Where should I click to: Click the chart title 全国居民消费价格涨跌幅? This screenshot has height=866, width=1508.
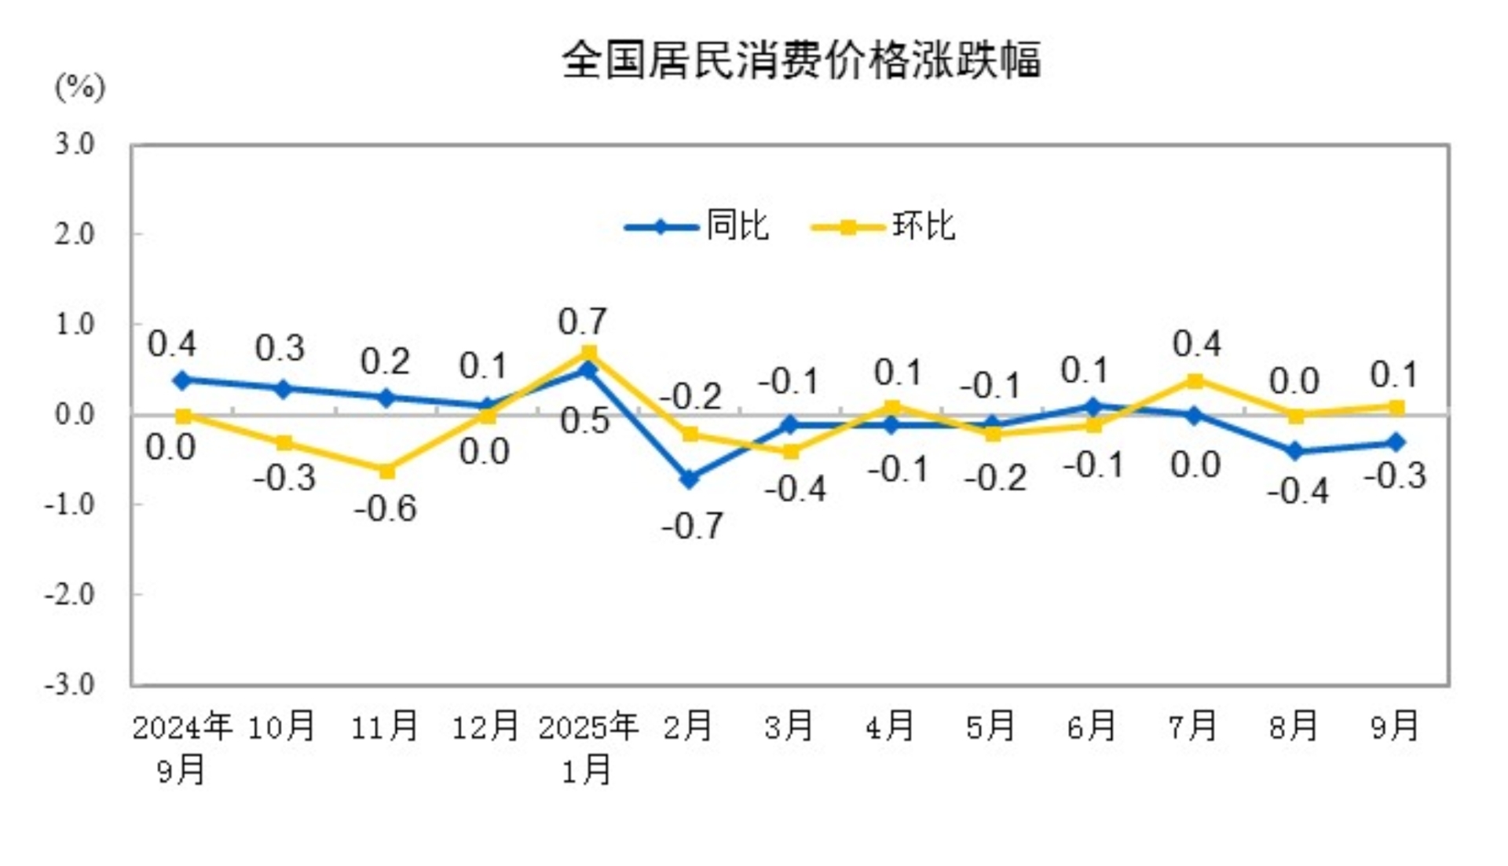pyautogui.click(x=801, y=60)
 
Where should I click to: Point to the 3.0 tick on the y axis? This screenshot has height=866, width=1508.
pyautogui.click(x=75, y=144)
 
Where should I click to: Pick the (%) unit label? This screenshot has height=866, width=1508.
pyautogui.click(x=79, y=86)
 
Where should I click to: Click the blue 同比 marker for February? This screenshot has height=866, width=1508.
pyautogui.click(x=690, y=479)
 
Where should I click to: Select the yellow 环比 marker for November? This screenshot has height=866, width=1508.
pyautogui.click(x=386, y=471)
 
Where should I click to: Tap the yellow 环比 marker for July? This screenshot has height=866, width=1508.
pyautogui.click(x=1195, y=381)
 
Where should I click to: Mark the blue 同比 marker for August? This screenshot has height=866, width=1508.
pyautogui.click(x=1296, y=451)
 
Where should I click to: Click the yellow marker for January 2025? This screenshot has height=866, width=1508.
pyautogui.click(x=589, y=353)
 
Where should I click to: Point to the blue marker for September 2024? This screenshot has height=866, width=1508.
pyautogui.click(x=182, y=380)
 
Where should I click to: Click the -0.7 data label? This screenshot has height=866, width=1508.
pyautogui.click(x=692, y=526)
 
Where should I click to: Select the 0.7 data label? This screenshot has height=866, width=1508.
pyautogui.click(x=582, y=321)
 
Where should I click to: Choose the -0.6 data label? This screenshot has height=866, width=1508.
pyautogui.click(x=385, y=508)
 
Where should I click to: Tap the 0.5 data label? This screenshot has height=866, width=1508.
pyautogui.click(x=584, y=421)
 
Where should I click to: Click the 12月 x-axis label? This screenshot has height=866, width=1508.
pyautogui.click(x=485, y=726)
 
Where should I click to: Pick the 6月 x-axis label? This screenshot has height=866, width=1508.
pyautogui.click(x=1092, y=726)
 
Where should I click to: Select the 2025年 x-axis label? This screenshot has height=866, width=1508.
pyautogui.click(x=587, y=726)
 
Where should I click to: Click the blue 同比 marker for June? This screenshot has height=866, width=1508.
pyautogui.click(x=1093, y=406)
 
